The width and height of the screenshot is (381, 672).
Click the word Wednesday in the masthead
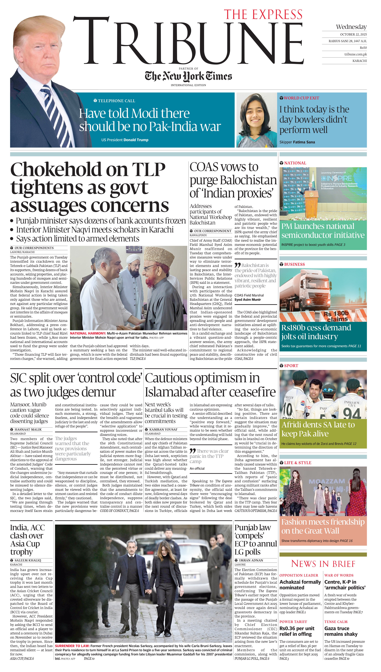(351, 27)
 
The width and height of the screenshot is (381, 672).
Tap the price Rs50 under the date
(363, 48)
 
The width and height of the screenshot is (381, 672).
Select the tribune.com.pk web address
(355, 54)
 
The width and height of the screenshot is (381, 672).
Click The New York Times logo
(188, 76)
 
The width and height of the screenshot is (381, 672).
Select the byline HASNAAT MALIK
(28, 429)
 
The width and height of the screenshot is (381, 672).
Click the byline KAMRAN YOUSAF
(163, 429)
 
